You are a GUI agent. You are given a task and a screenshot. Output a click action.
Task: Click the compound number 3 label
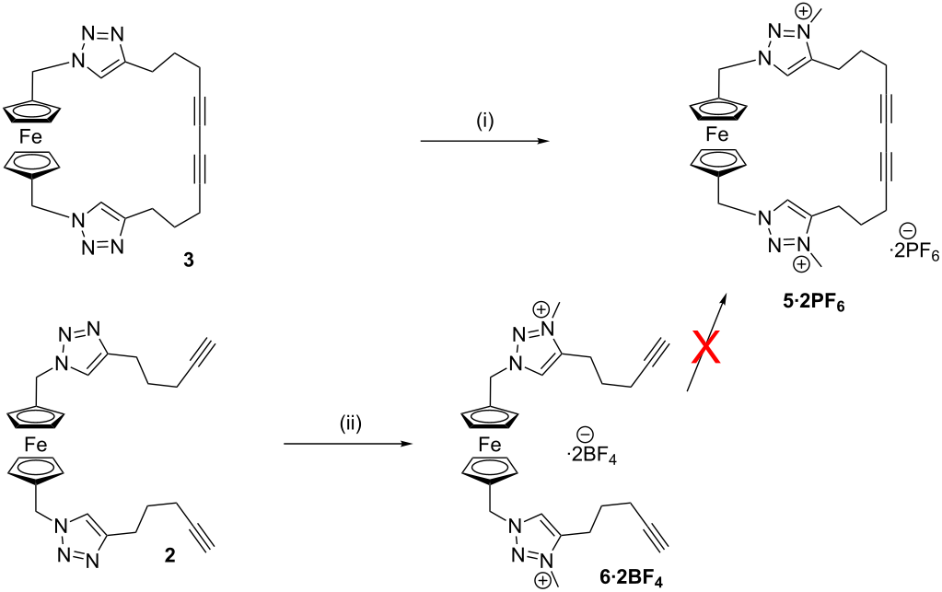(189, 261)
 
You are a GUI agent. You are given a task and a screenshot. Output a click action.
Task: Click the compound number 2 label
(170, 556)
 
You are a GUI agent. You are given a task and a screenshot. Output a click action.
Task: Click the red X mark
(705, 348)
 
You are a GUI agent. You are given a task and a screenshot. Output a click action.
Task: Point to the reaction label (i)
(484, 122)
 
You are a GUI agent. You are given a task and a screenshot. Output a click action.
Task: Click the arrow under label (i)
(485, 142)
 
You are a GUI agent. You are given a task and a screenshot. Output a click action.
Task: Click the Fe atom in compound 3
(30, 137)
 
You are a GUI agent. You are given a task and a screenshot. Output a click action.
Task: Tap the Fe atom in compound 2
(35, 445)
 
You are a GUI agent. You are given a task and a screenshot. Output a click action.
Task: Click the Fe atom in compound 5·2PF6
(716, 135)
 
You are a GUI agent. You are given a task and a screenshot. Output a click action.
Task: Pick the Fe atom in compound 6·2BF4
(490, 445)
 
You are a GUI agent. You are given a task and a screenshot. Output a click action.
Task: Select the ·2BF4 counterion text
(592, 457)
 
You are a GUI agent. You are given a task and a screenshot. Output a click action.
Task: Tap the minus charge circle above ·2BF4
(583, 434)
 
